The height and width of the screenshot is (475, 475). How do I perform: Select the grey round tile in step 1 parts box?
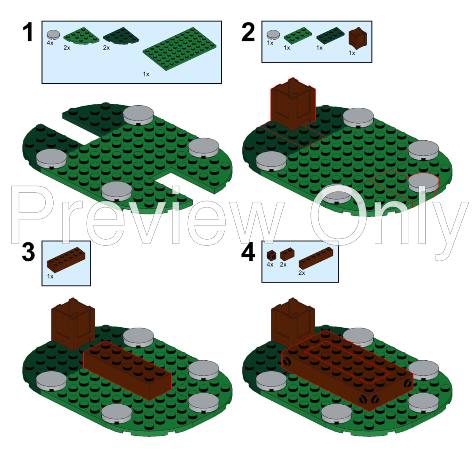pyautogui.click(x=53, y=34)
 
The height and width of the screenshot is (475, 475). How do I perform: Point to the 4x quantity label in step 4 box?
pyautogui.click(x=270, y=265)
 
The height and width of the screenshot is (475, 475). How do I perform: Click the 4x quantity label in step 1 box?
pyautogui.click(x=50, y=43)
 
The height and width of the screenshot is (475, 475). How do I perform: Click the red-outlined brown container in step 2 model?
pyautogui.click(x=292, y=105)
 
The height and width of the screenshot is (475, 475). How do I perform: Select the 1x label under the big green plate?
pyautogui.click(x=146, y=74)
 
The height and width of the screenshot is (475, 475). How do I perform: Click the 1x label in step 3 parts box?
pyautogui.click(x=50, y=277)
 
